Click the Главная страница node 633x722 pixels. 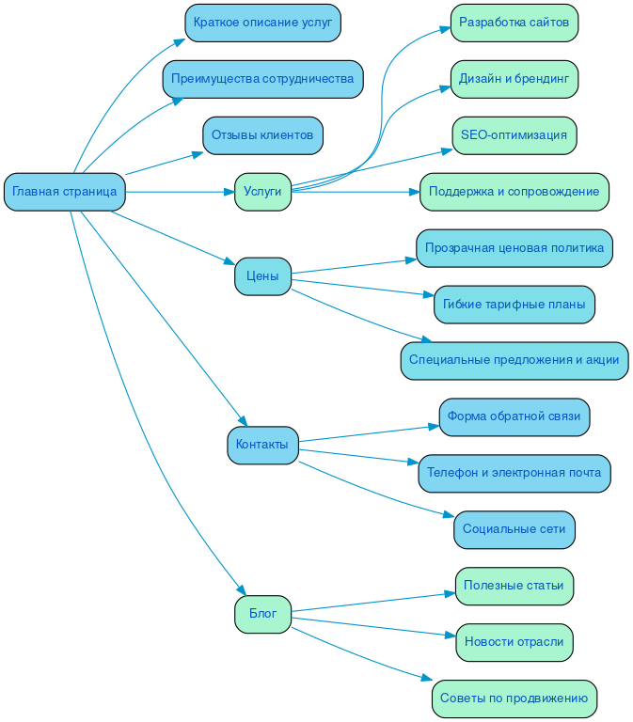click(65, 192)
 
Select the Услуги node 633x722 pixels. click(262, 192)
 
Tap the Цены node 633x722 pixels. click(262, 276)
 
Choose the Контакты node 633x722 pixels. click(262, 445)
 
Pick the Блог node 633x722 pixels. click(262, 614)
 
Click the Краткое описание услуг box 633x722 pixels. click(262, 23)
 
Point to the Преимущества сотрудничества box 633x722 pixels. click(262, 79)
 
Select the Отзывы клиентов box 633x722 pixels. click(262, 135)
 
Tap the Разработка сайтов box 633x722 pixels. click(514, 23)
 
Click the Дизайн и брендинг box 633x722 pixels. click(514, 79)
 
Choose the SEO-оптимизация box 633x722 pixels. click(514, 135)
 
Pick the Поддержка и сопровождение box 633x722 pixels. click(514, 192)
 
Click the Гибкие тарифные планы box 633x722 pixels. click(514, 305)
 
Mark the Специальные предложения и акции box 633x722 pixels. click(514, 360)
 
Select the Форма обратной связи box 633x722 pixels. click(514, 416)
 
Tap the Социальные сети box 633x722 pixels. click(514, 529)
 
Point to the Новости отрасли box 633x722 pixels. click(514, 642)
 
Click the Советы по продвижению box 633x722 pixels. click(514, 698)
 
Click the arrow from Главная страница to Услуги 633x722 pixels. click(179, 192)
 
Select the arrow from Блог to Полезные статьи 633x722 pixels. click(367, 603)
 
